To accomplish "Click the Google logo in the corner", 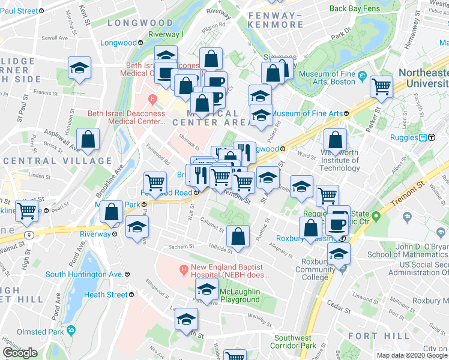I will pyautogui.click(x=20, y=353).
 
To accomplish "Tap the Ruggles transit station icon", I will pyautogui.click(x=427, y=137).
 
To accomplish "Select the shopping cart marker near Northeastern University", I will pyautogui.click(x=381, y=86).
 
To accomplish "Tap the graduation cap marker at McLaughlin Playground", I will pyautogui.click(x=207, y=290).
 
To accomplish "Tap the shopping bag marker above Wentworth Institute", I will pyautogui.click(x=335, y=140).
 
